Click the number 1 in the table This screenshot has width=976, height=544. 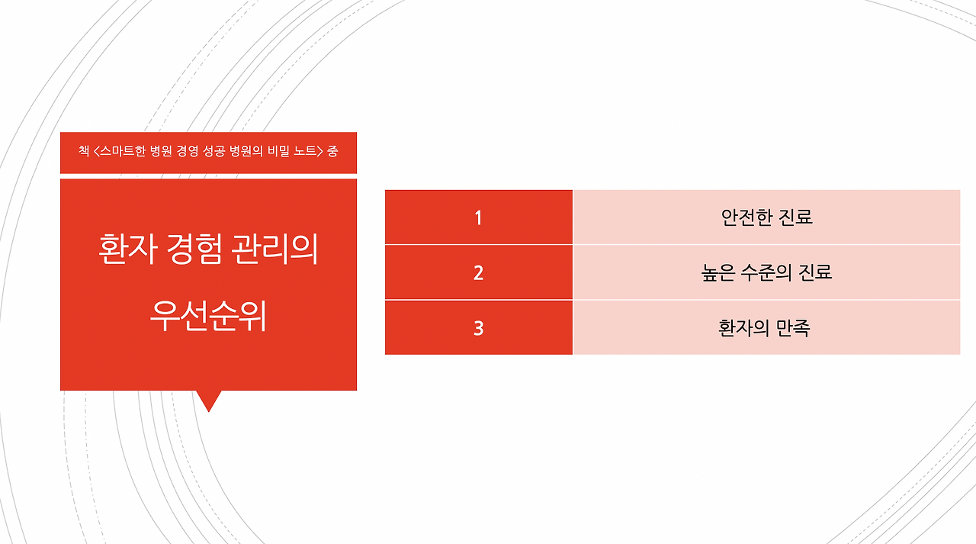pos(478,218)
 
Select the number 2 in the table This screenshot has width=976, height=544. pos(478,273)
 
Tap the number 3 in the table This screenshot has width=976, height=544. pos(478,328)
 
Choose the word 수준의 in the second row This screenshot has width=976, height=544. pos(768,272)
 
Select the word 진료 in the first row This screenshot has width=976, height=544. pos(796,217)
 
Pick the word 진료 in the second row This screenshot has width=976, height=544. pos(815,272)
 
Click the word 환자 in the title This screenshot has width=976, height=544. pos(125,250)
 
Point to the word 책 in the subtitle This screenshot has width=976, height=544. pos(83,150)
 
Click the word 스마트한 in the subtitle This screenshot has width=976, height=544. pos(124,150)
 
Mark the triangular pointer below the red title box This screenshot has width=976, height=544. pos(208,400)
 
